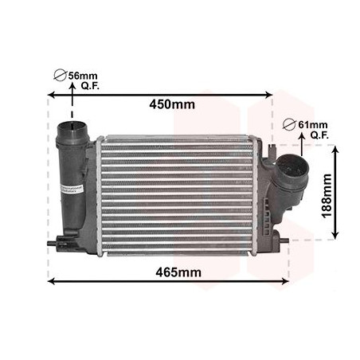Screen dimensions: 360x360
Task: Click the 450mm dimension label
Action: [173, 104]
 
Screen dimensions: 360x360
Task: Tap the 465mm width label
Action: [178, 272]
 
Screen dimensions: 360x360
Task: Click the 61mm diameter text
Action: [312, 125]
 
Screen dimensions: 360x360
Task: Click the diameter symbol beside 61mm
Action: [291, 124]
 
